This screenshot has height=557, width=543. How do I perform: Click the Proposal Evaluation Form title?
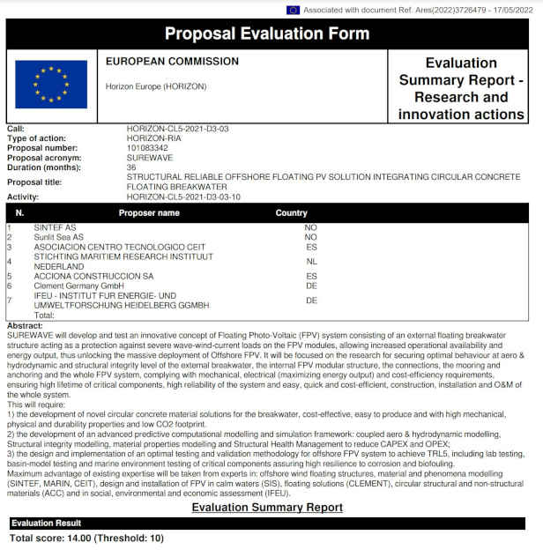(267, 34)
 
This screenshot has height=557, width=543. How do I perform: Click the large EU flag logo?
(51, 85)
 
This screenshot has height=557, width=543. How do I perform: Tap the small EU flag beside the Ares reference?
(293, 10)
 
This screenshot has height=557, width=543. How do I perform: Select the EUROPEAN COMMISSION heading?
(172, 62)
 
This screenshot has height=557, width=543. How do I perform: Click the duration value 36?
(132, 166)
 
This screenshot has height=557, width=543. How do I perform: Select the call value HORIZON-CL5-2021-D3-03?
(177, 130)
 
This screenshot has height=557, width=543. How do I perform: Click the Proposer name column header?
(149, 213)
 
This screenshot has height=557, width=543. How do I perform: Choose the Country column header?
(292, 213)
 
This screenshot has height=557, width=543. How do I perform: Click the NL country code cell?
(311, 261)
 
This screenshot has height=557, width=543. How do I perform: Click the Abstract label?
(24, 324)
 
